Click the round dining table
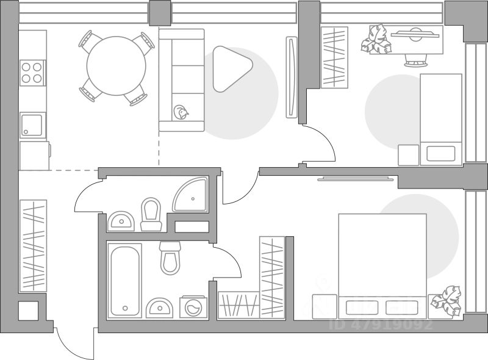tap(116, 67)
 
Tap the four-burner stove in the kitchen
tap(33, 73)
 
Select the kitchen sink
tap(33, 124)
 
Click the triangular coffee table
tap(231, 68)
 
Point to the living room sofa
tap(181, 79)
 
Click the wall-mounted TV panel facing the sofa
tap(292, 77)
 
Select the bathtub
tap(125, 280)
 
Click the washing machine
tap(193, 307)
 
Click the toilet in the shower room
tap(151, 214)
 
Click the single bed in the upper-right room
tap(441, 119)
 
